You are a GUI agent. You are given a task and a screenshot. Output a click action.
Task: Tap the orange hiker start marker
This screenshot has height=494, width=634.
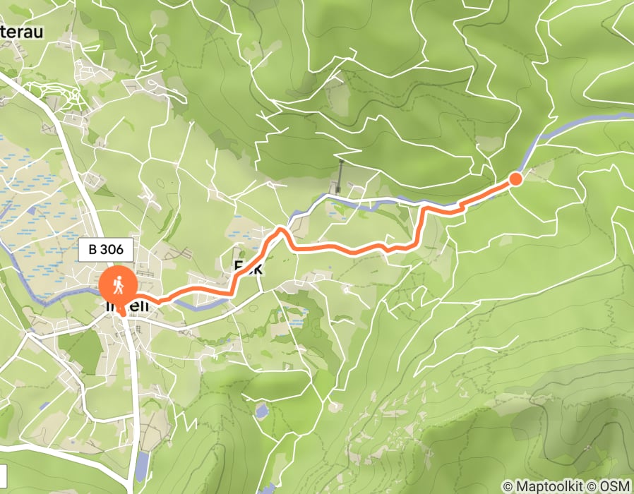pyautogui.click(x=119, y=286)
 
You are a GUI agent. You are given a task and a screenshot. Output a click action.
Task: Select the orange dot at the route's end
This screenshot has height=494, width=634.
pyautogui.click(x=515, y=179)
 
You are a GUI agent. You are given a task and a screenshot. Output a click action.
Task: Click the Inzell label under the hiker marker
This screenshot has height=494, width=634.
pyautogui.click(x=127, y=307)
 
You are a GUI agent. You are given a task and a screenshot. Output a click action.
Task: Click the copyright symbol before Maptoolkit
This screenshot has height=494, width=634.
pyautogui.click(x=508, y=486)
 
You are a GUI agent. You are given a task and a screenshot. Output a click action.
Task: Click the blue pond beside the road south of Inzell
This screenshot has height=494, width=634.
pyautogui.click(x=142, y=463)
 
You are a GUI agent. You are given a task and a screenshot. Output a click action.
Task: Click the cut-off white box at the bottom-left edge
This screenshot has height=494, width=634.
pyautogui.click(x=3, y=472)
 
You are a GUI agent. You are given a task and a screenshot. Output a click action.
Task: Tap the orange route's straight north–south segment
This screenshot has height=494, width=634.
pyautogui.click(x=421, y=226)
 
